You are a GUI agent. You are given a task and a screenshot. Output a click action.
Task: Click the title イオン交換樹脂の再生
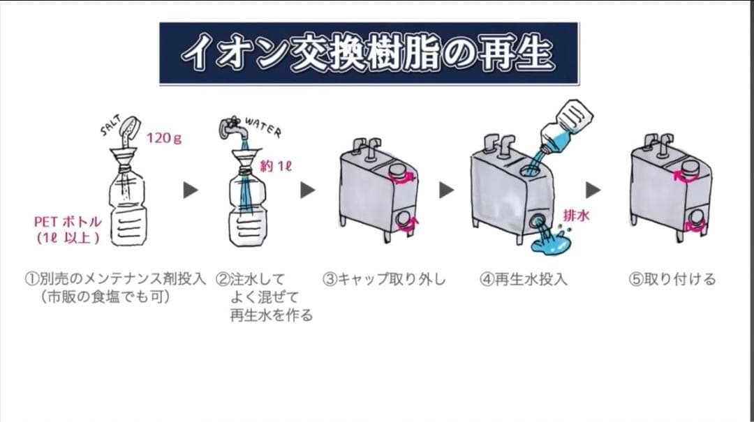368,54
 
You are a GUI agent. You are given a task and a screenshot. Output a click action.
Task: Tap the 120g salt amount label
163,138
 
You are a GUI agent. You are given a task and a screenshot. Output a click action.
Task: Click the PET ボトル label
68,222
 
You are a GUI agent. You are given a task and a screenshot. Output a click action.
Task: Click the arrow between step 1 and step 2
191,190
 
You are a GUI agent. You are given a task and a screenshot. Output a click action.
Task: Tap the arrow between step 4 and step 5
593,190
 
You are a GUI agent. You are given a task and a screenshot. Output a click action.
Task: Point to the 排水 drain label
576,216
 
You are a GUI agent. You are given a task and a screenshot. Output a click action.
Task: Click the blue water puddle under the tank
552,243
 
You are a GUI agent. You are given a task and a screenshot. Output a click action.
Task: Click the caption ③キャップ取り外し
383,280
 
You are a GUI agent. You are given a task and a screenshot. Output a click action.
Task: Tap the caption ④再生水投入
523,280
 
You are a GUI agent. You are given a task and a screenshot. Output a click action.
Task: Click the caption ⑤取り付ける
672,280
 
